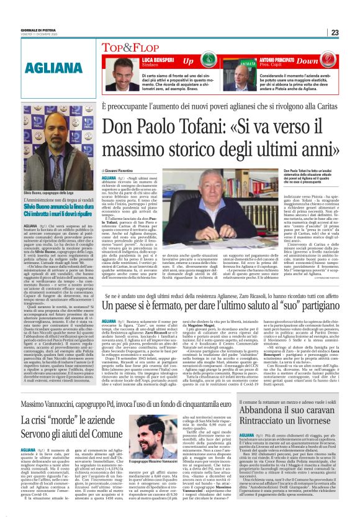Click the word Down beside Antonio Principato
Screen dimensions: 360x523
[x=325, y=61]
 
